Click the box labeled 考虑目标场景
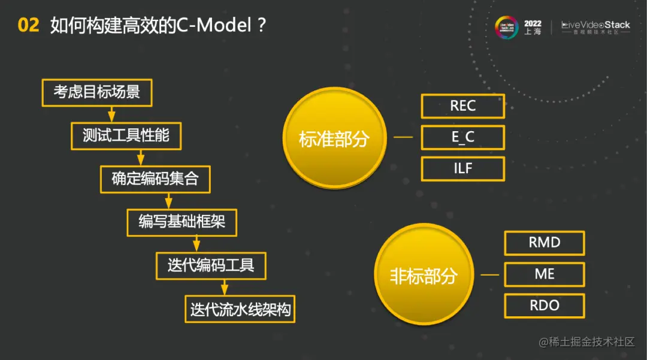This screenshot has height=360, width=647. click(x=96, y=92)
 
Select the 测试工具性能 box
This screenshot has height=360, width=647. click(x=126, y=135)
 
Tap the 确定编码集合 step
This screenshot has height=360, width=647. click(x=155, y=179)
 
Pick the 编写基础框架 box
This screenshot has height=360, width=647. click(x=182, y=222)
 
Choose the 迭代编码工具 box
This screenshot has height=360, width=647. click(x=210, y=266)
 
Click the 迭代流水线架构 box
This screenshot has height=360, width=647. click(x=240, y=310)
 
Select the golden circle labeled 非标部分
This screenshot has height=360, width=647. click(x=424, y=276)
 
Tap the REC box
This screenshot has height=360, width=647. click(x=462, y=106)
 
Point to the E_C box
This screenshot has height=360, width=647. click(x=462, y=137)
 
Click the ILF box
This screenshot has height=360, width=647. click(x=462, y=168)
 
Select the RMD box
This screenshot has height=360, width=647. click(x=544, y=243)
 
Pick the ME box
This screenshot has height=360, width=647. click(x=544, y=274)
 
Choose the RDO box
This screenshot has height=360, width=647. click(x=544, y=305)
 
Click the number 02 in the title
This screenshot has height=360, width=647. click(x=28, y=25)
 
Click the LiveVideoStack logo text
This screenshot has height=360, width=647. click(x=595, y=25)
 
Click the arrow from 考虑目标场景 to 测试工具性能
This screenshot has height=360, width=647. click(x=111, y=114)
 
